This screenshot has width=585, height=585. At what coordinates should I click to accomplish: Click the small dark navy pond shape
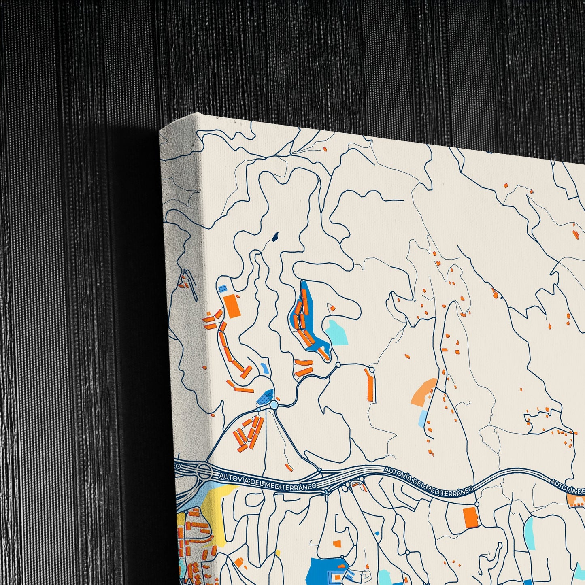275,236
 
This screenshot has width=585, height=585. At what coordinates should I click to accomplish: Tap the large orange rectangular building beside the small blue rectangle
232,306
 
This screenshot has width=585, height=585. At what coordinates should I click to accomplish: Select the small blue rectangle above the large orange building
222,288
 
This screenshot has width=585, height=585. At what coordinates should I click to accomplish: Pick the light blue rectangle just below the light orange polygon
422,418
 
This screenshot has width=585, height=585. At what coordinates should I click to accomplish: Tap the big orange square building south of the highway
470,517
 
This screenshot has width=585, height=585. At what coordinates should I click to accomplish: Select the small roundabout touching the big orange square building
477,504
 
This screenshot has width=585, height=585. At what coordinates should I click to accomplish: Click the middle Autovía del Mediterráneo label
428,481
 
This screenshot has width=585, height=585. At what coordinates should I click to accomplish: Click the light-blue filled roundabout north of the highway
274,405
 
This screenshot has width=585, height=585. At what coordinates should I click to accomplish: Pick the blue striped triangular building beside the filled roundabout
266,397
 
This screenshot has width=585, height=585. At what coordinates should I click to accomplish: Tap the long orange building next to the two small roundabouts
370,385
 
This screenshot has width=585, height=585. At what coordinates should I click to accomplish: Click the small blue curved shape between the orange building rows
264,368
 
